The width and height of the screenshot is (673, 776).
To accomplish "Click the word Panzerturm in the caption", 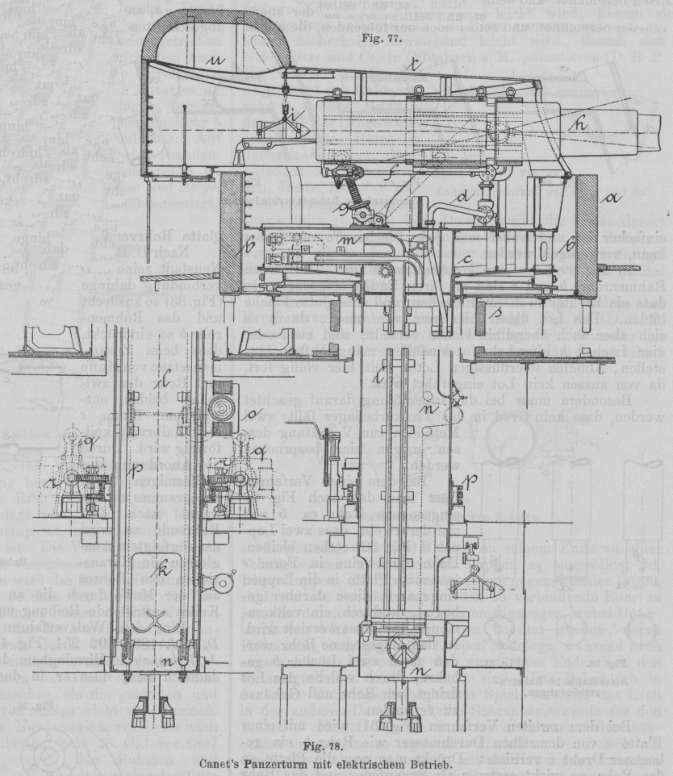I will (x=323, y=763).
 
